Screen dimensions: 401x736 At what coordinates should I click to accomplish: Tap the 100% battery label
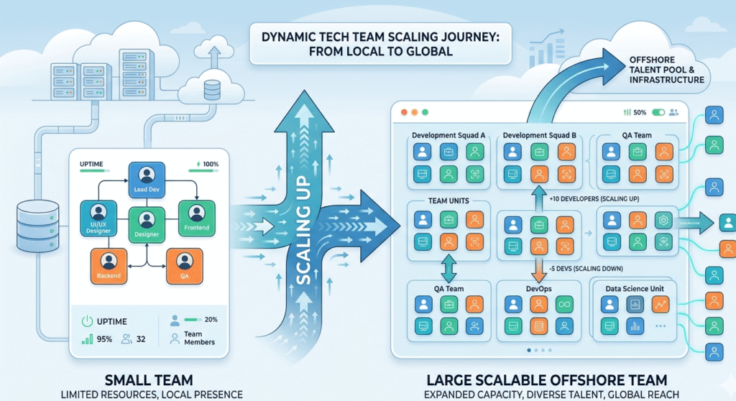click(x=210, y=165)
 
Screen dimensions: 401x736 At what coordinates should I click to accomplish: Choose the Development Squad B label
click(x=540, y=135)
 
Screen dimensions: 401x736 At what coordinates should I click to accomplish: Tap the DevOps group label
click(x=539, y=287)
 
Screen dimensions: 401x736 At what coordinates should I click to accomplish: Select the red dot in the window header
click(x=402, y=112)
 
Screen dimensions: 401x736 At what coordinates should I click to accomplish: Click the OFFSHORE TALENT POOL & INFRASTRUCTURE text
click(x=665, y=69)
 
